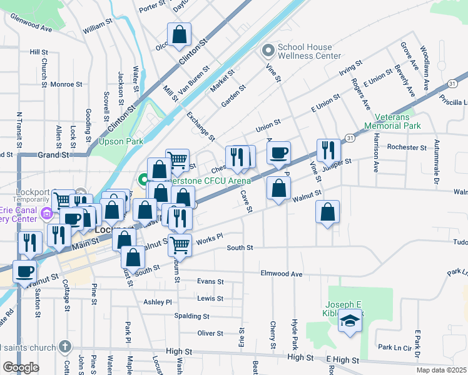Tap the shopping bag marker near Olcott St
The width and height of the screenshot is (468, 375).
click(179, 36)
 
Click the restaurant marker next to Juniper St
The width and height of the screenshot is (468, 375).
click(328, 151)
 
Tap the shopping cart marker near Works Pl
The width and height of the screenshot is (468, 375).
click(180, 244)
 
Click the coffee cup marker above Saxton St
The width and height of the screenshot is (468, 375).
click(25, 272)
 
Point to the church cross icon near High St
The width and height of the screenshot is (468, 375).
click(65, 346)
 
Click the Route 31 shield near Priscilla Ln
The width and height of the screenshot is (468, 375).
click(452, 84)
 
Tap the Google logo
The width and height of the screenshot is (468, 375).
click(21, 367)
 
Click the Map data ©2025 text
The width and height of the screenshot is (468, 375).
click(441, 370)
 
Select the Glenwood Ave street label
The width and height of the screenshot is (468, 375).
click(31, 27)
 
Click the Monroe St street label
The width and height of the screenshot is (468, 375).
click(66, 84)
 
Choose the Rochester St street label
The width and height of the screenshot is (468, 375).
click(407, 147)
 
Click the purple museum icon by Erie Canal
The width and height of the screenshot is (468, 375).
click(46, 214)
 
